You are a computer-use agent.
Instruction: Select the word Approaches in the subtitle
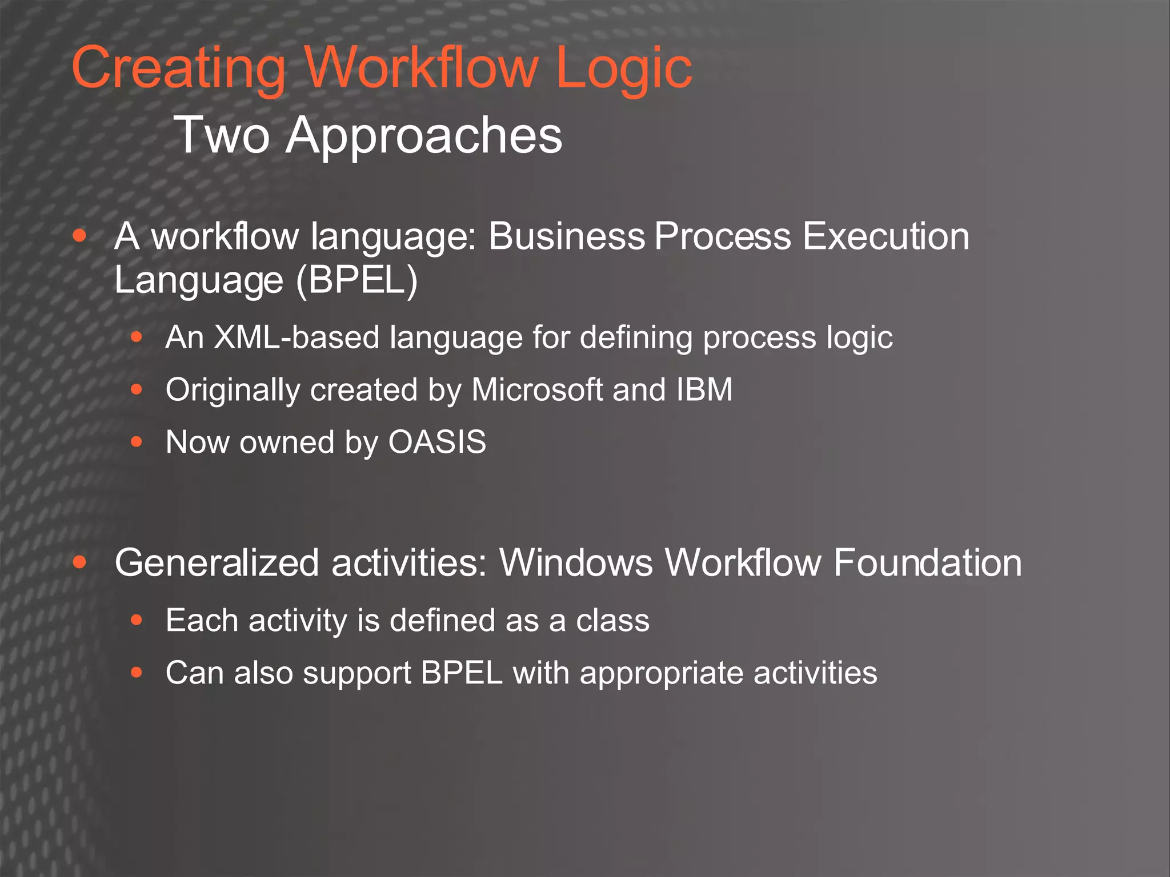coord(424,136)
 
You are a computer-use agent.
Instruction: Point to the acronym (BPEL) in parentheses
coord(357,280)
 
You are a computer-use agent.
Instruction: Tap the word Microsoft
coord(537,390)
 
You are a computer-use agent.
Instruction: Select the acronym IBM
coord(704,390)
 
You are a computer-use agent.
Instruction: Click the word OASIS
coord(437,442)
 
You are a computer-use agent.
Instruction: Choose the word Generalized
coord(217,564)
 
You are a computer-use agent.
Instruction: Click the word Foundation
coord(927,564)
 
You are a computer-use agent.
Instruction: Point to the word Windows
coord(576,564)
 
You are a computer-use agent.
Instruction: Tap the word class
coord(612,621)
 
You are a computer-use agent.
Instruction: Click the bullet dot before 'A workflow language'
coord(79,236)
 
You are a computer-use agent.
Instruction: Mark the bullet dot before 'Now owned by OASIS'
coord(136,442)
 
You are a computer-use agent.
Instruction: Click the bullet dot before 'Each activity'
coord(136,620)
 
